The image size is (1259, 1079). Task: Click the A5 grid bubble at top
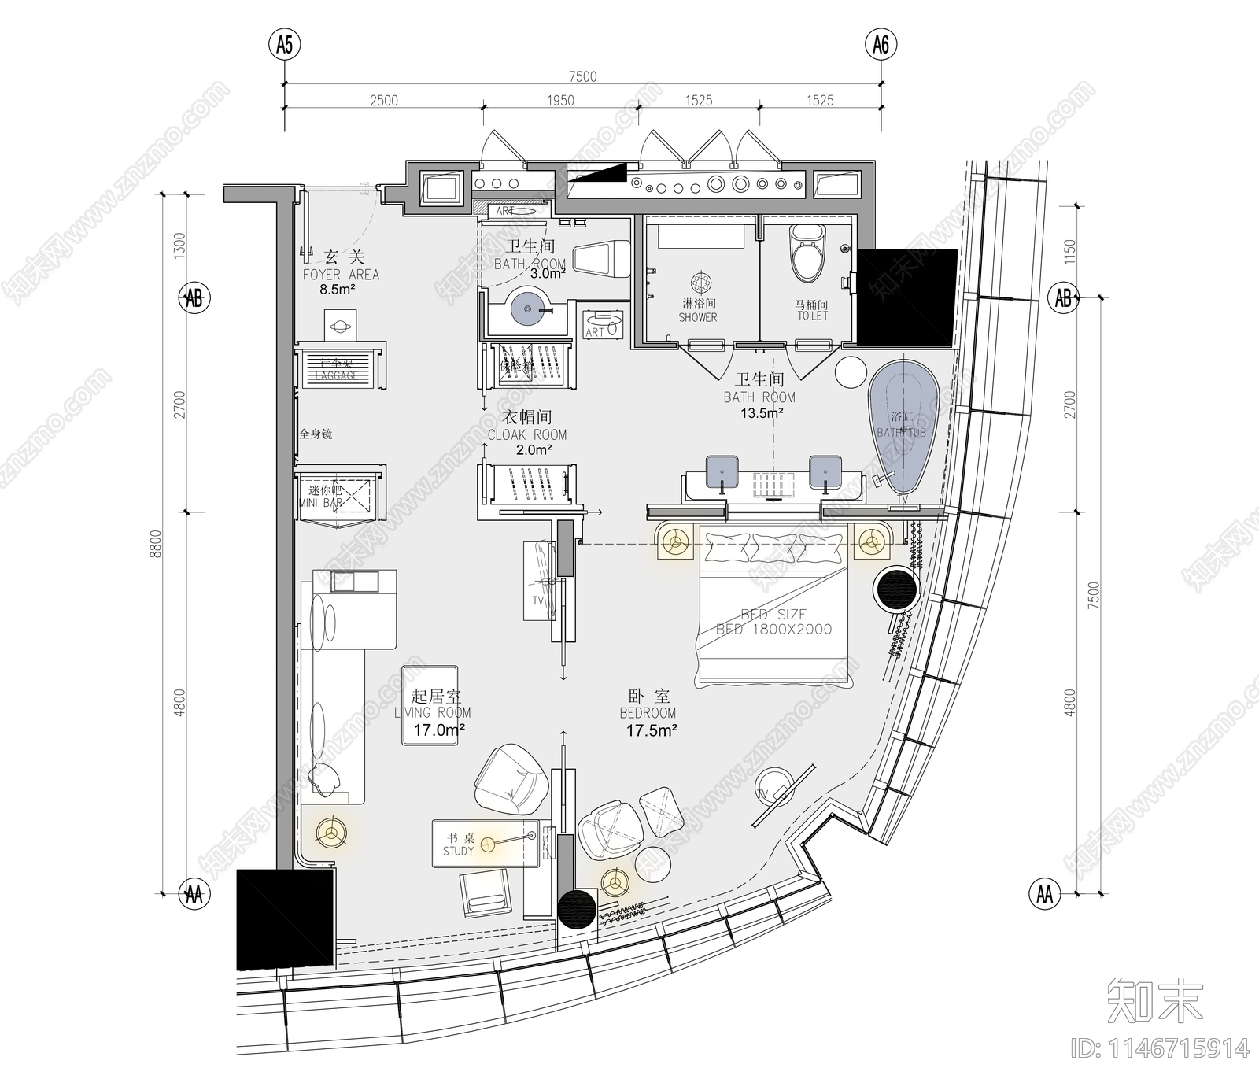(x=284, y=46)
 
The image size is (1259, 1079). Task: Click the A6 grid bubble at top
(x=881, y=46)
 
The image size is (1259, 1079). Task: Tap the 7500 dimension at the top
(x=582, y=76)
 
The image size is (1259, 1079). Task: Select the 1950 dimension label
(x=560, y=101)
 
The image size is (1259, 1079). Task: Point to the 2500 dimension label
(x=383, y=101)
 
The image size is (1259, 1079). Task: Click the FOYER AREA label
(x=341, y=275)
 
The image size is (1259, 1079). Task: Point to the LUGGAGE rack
(x=339, y=368)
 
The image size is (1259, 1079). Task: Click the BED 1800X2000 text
(x=773, y=629)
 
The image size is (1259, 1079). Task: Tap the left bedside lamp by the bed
(x=674, y=541)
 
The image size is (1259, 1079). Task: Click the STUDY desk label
(x=458, y=851)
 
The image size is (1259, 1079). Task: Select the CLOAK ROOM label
(x=526, y=434)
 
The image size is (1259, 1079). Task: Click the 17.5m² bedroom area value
(x=652, y=730)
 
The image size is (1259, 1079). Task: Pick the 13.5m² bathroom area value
(x=759, y=413)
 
